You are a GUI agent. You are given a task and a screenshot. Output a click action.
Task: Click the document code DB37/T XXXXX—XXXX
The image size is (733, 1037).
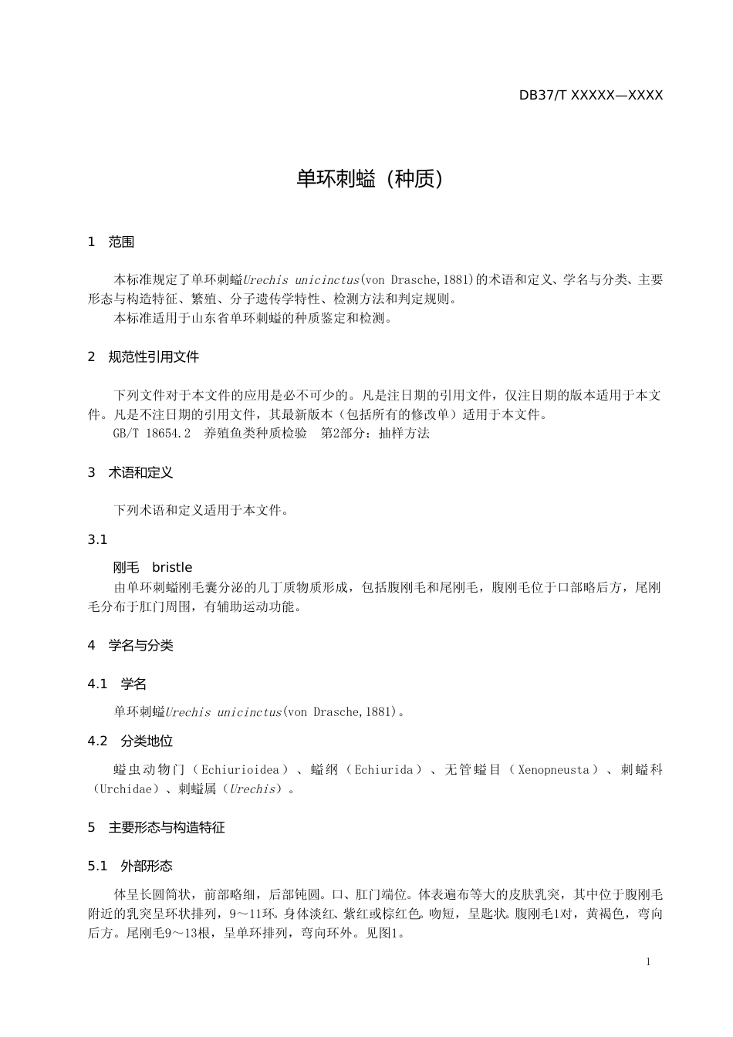[590, 96]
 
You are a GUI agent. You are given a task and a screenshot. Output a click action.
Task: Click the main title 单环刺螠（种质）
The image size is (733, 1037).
[371, 179]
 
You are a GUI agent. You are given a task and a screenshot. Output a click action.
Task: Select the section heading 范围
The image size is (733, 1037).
[121, 242]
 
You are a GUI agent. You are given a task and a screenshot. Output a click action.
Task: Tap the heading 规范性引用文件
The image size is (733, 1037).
[154, 357]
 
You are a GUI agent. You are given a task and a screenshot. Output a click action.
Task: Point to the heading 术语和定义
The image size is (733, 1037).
[140, 472]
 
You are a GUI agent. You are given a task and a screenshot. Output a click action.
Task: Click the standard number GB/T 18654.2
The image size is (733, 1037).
[152, 434]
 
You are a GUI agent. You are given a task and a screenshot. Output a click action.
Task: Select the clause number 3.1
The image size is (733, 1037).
[97, 539]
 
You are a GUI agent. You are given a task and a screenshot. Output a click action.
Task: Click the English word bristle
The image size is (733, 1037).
[172, 568]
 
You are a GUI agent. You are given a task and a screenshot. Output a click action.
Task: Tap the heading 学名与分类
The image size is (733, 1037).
[140, 646]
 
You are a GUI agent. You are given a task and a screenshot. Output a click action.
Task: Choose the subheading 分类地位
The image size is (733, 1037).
[147, 741]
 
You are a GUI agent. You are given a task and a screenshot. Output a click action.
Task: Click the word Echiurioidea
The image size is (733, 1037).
[240, 770]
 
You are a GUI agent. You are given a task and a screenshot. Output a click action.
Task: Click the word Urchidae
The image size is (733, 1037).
[126, 789]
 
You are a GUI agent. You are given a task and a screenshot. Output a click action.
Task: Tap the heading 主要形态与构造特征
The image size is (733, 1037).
[167, 828]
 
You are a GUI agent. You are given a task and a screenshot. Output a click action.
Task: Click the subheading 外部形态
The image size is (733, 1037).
[147, 866]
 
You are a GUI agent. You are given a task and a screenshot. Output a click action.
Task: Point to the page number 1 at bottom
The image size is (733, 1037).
[648, 961]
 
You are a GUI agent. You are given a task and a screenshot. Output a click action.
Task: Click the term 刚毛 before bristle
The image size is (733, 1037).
[126, 568]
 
